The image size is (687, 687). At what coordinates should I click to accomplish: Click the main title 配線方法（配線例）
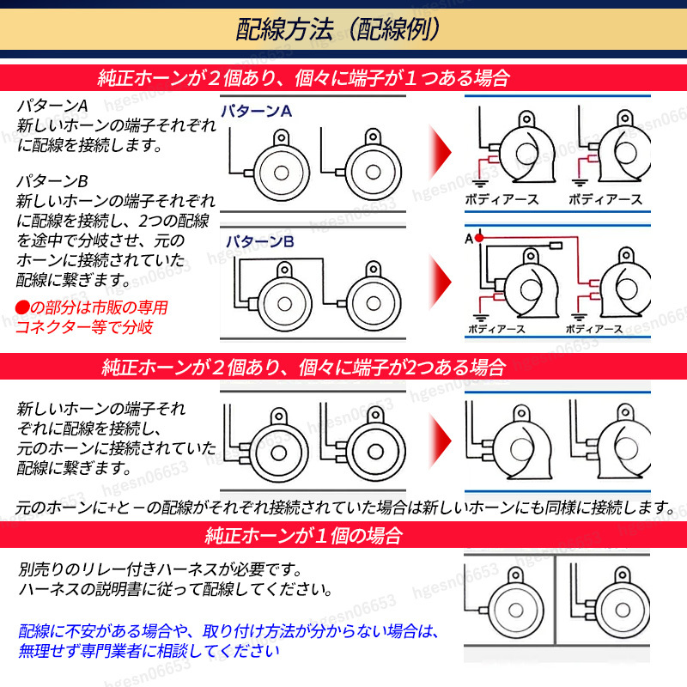337,29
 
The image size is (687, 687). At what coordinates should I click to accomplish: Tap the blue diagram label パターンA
256,111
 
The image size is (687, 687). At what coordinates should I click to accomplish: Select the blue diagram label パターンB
259,241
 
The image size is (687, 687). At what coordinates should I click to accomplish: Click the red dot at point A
479,238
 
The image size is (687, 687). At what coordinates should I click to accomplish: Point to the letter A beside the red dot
469,239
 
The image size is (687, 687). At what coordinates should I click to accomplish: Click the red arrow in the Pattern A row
440,152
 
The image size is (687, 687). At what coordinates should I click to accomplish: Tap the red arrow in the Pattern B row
440,281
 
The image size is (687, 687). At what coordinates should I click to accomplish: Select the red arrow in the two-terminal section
440,440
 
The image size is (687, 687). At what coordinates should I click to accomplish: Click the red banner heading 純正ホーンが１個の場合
303,535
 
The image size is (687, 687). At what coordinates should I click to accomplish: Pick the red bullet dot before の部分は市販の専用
22,307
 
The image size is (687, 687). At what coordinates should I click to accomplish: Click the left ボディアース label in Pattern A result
502,199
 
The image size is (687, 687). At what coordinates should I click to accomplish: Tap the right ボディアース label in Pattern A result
605,199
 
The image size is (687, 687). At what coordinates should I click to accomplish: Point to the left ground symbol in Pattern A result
480,183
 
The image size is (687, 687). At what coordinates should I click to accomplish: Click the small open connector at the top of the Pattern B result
556,246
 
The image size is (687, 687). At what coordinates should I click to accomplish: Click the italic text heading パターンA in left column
52,106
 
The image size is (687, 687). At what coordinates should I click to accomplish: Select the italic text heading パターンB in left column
52,181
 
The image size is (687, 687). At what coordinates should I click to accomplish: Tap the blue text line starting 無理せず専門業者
149,651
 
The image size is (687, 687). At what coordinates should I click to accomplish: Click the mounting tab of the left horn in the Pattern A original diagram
282,138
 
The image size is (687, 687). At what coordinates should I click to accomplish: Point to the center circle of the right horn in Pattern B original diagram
374,303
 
